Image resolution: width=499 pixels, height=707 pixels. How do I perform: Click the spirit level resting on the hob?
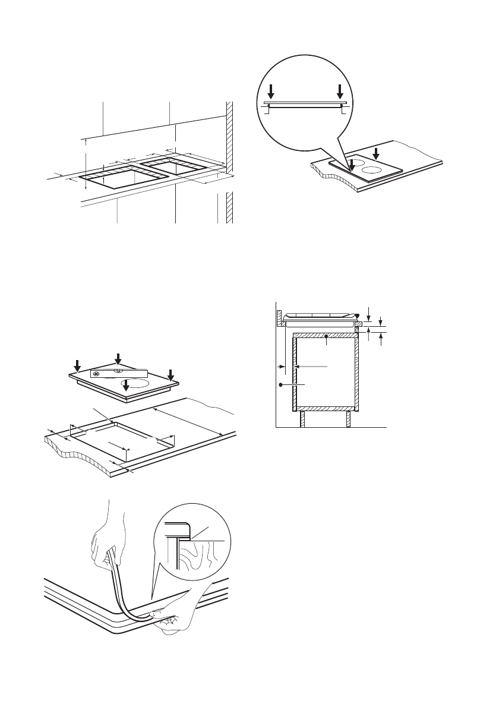pos(119,374)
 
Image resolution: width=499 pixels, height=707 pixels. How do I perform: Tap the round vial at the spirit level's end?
pos(96,374)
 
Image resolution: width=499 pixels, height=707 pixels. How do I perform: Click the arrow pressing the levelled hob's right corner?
pos(170,375)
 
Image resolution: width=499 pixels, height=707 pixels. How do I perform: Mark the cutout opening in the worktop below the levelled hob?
pos(122,437)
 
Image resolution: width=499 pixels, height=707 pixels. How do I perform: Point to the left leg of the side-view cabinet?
pos(302,419)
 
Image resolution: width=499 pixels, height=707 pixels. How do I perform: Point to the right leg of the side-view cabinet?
pos(347,419)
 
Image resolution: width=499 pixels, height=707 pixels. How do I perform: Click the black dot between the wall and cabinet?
pos(280,386)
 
